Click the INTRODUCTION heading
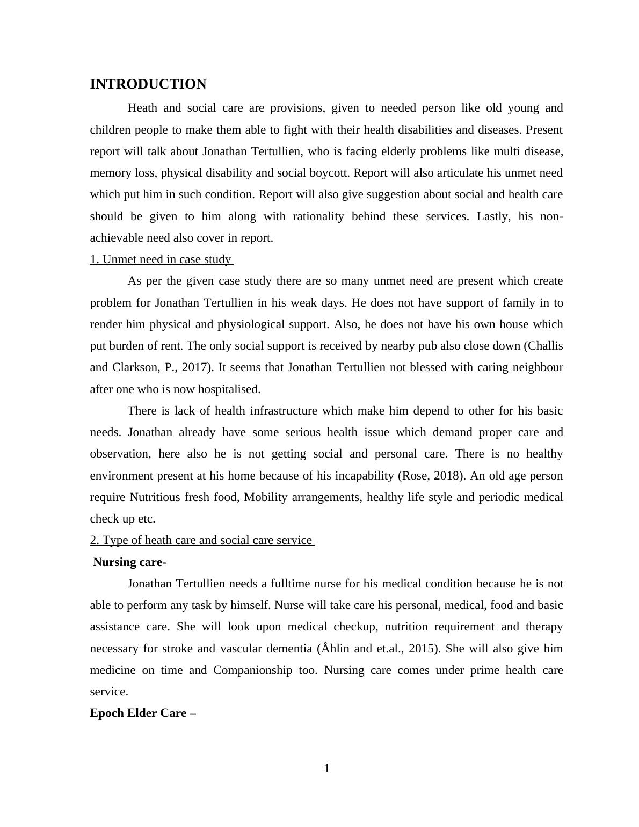tap(148, 84)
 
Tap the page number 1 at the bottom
tap(326, 769)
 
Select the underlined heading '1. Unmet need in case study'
tap(161, 259)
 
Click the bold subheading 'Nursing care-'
tap(129, 562)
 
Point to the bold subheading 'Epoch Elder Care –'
tap(143, 713)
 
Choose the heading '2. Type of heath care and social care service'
tap(201, 540)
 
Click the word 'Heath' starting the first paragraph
tap(142, 108)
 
